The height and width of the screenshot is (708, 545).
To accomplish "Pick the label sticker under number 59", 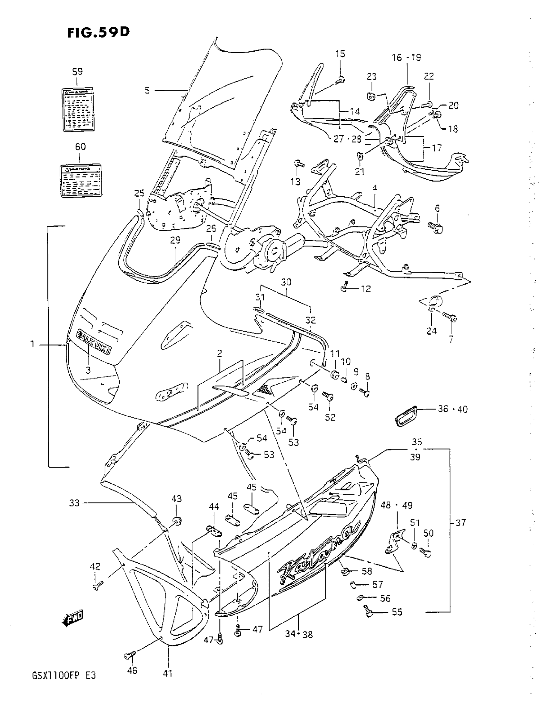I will [78, 109].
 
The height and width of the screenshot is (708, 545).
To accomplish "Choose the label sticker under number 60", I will [81, 181].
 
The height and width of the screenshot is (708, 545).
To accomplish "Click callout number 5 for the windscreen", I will [147, 90].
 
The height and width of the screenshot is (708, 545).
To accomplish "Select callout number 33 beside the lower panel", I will [74, 503].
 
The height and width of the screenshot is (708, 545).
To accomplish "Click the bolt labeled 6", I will [435, 226].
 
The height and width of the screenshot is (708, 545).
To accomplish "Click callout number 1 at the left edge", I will [32, 344].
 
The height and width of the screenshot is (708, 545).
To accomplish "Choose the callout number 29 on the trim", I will [175, 240].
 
